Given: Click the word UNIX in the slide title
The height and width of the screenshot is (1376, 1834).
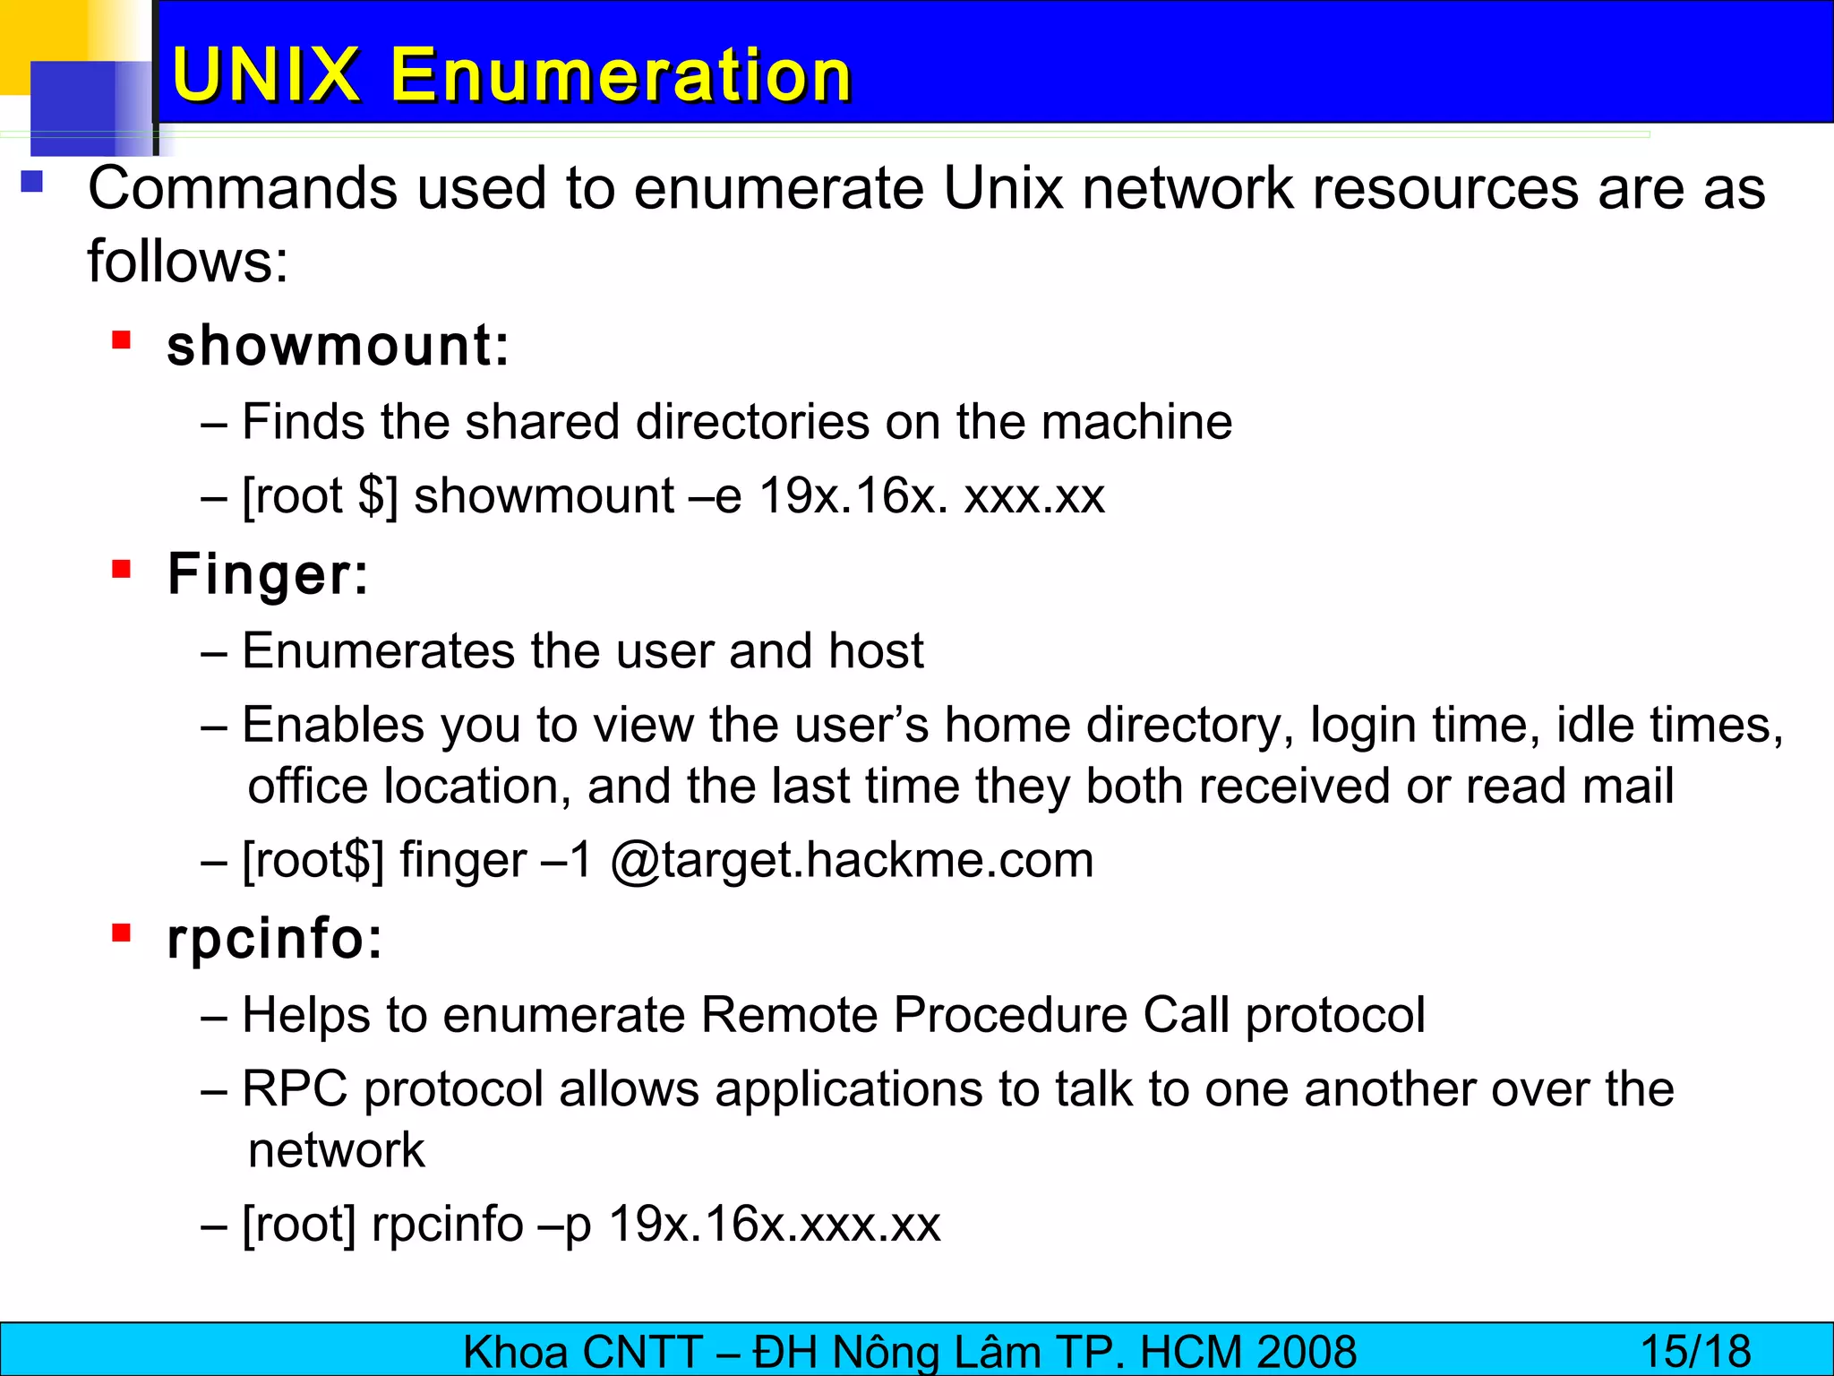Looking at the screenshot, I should point(265,74).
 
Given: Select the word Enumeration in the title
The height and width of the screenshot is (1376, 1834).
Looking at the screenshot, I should point(620,74).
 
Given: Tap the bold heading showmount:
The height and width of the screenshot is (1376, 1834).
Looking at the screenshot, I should point(339,346).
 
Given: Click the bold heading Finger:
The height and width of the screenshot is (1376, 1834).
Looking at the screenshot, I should point(268,574).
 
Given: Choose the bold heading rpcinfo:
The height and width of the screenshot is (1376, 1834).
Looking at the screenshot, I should point(275,939).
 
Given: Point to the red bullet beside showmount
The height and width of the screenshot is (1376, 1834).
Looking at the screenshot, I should point(122,340).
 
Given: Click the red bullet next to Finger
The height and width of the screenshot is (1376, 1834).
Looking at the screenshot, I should point(122,569).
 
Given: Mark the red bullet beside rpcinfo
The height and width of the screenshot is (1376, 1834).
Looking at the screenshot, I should point(122,933).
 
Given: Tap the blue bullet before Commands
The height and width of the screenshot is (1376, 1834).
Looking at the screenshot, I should point(32,182).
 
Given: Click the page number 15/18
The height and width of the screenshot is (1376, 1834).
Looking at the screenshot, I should point(1695,1352).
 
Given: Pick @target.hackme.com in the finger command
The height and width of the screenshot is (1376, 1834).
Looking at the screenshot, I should point(852,861).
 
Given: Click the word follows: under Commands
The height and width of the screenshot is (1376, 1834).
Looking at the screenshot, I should point(188,262).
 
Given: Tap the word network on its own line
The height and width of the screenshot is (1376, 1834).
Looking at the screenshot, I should point(336,1151).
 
